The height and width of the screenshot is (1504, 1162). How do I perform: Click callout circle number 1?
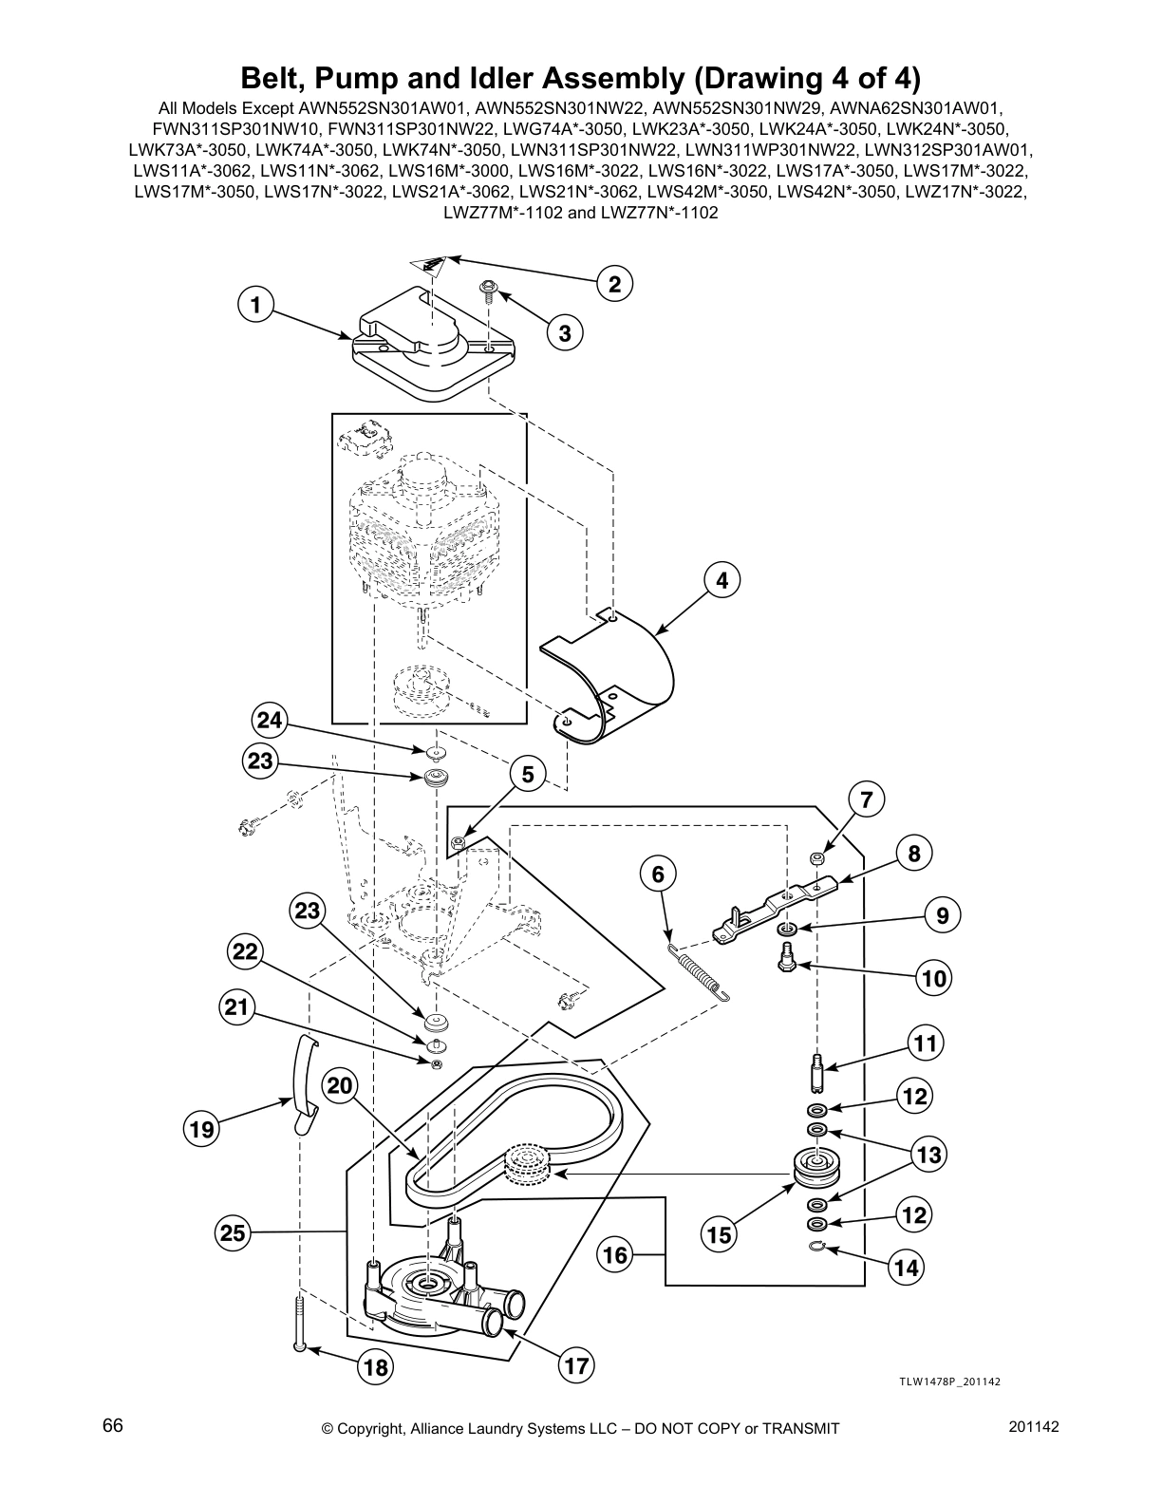[253, 306]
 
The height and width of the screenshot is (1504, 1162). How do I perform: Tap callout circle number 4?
[722, 579]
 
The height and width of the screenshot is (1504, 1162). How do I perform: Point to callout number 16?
[615, 1255]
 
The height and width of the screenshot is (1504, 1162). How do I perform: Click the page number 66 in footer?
[112, 1427]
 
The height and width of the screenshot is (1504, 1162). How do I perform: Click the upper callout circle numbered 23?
[260, 761]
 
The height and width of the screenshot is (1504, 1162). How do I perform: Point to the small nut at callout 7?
[815, 857]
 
